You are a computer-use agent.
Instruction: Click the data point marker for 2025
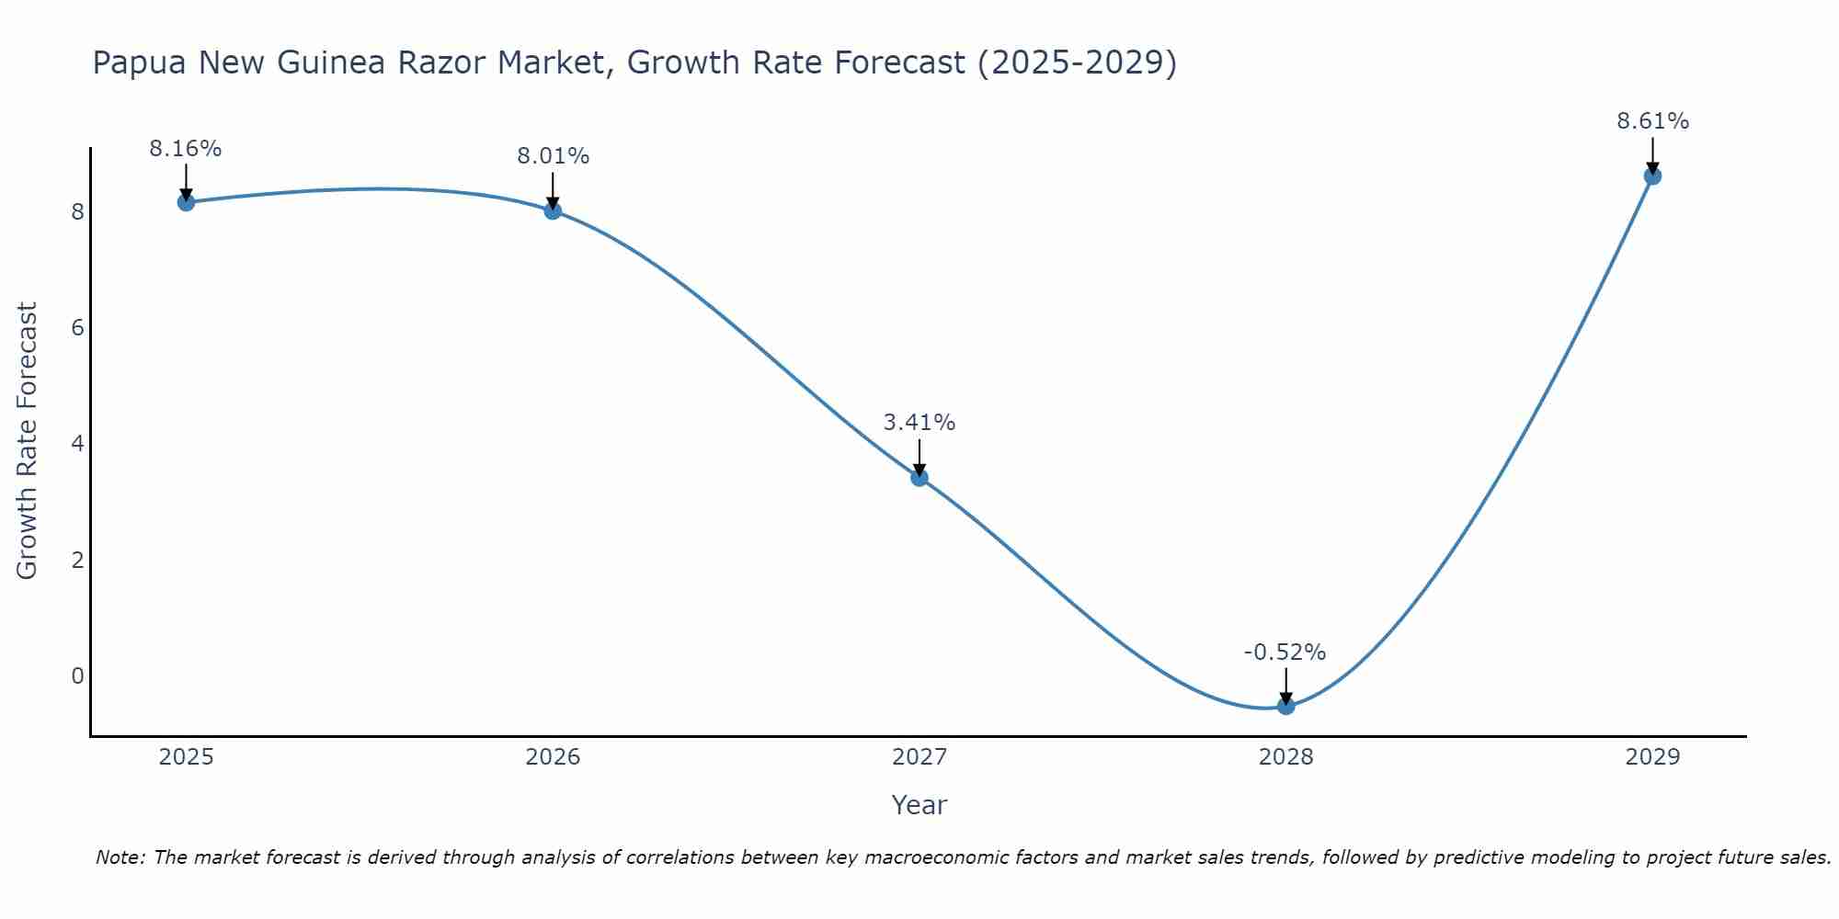[186, 202]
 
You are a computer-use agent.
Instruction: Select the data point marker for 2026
[553, 210]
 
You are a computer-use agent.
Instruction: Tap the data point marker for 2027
[919, 477]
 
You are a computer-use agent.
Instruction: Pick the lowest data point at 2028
[1285, 706]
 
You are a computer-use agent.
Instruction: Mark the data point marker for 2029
[1652, 176]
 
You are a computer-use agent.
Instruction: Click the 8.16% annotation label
[186, 149]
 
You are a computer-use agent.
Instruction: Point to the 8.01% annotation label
[553, 156]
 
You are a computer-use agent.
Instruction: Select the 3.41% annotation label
[919, 423]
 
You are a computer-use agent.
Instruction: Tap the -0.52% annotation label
[1285, 652]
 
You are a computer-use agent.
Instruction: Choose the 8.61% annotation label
[1652, 121]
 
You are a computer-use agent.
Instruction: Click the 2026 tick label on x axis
[553, 757]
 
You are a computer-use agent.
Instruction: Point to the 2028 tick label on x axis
[1285, 757]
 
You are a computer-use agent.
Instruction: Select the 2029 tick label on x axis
[1652, 757]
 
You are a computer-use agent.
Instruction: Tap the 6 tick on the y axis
[77, 328]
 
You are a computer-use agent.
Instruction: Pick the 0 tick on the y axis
[77, 676]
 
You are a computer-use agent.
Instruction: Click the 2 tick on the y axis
[77, 560]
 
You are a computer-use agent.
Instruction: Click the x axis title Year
[919, 805]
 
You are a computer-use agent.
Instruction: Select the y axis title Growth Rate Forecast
[28, 441]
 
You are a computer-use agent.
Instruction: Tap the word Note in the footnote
[120, 857]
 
